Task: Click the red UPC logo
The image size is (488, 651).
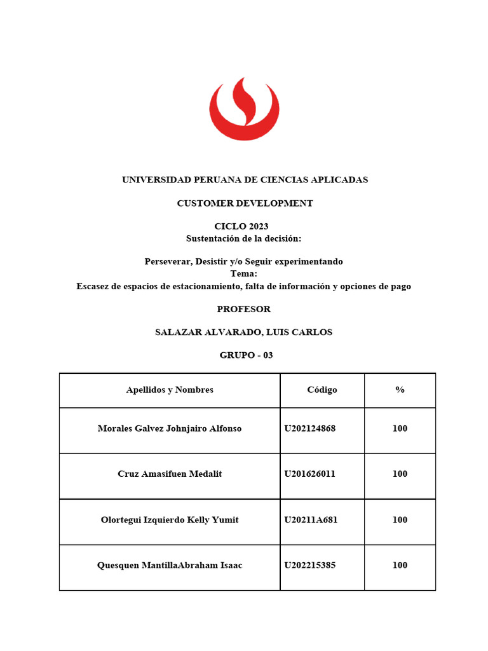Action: (x=244, y=109)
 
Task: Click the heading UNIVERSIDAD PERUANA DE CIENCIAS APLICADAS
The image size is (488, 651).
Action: (x=245, y=180)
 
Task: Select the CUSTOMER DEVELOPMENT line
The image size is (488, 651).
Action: (x=245, y=203)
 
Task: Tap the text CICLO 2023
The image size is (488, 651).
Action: (x=241, y=227)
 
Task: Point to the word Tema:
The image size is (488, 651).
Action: (x=244, y=273)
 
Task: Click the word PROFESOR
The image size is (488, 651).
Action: (x=244, y=310)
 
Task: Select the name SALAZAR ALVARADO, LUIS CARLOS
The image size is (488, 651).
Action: (x=244, y=332)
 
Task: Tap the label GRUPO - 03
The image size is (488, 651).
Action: (x=246, y=355)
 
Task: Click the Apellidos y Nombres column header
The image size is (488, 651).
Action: (x=170, y=390)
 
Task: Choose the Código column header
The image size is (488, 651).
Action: (x=322, y=390)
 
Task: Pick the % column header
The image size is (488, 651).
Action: (x=400, y=390)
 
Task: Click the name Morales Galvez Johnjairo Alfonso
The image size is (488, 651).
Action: (x=170, y=428)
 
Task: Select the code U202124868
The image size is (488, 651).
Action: (x=310, y=428)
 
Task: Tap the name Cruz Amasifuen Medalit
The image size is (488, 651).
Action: (x=170, y=474)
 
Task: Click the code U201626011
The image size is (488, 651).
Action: (x=310, y=474)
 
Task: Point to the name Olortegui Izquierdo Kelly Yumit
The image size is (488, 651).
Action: (x=170, y=520)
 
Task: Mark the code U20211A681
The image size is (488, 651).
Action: (x=311, y=520)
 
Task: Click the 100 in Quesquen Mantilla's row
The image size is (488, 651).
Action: (x=400, y=566)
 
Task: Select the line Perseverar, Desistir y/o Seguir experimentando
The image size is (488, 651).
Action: (x=244, y=262)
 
